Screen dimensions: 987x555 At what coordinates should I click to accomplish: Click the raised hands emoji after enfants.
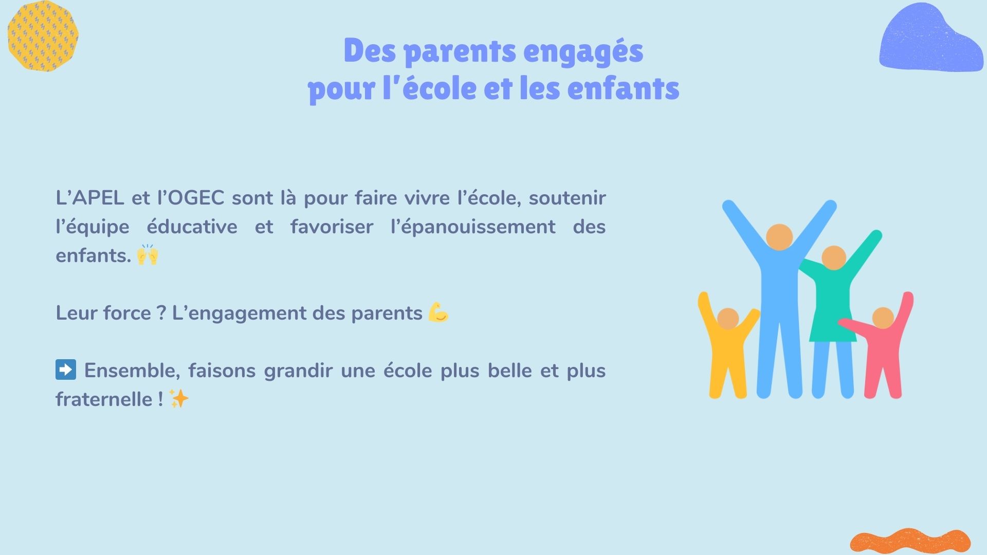148,254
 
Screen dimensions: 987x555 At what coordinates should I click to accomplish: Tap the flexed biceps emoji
438,312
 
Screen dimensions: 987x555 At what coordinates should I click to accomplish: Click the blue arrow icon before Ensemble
66,369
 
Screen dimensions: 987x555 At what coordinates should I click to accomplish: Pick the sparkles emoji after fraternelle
179,399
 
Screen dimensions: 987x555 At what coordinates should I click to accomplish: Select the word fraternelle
104,399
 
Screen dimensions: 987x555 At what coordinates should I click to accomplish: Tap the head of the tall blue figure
779,237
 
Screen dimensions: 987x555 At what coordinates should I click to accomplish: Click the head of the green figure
834,257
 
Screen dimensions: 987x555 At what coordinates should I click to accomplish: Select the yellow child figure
727,349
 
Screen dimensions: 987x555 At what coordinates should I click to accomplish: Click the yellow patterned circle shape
43,36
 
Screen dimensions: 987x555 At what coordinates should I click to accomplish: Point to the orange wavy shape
910,541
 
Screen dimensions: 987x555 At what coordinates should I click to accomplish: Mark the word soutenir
568,198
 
